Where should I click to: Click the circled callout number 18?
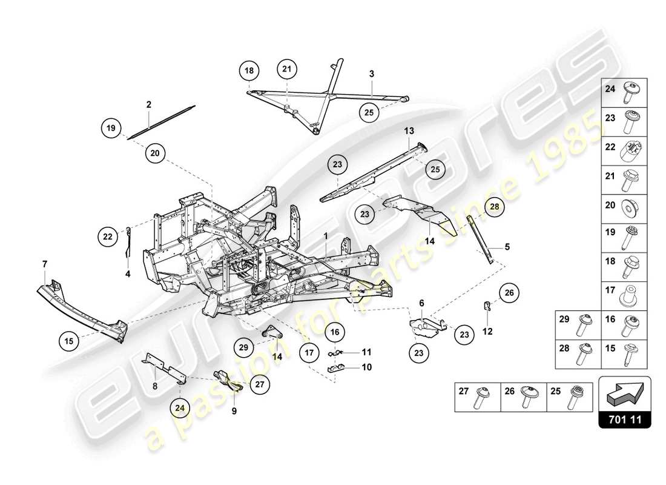coord(249,71)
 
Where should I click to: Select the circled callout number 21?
coord(288,70)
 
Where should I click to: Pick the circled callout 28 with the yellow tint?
coord(493,207)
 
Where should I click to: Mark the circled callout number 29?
coord(244,347)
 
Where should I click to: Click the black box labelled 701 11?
coord(625,419)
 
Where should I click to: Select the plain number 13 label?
coord(409,130)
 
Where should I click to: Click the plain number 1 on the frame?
coord(325,235)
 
